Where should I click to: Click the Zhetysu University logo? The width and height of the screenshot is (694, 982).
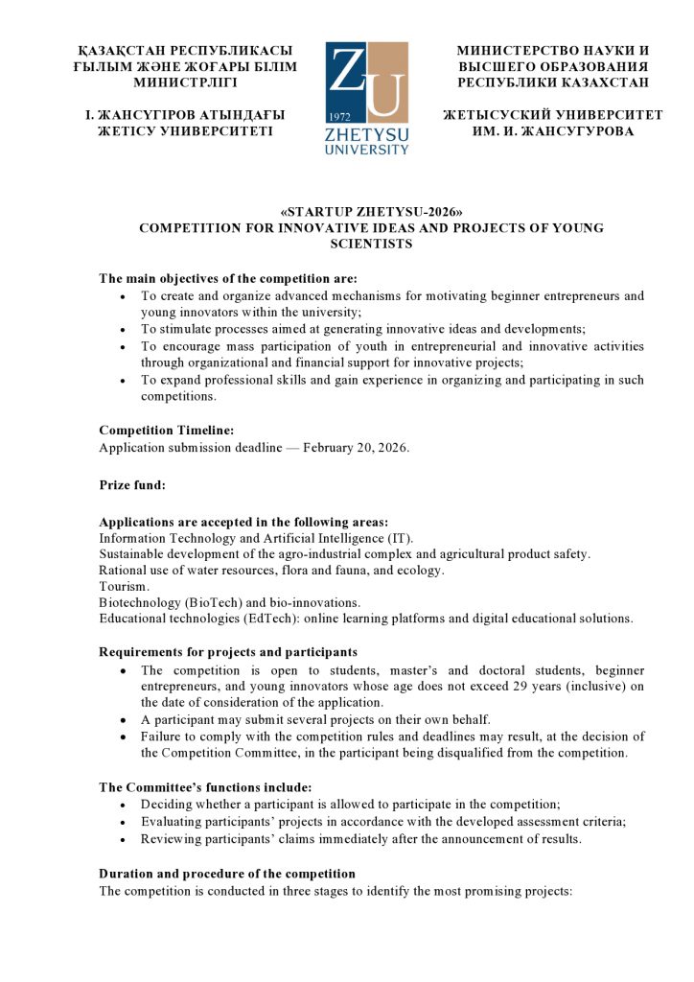pos(366,97)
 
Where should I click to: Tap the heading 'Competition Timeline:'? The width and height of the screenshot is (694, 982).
pos(166,431)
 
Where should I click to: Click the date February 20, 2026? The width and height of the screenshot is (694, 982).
pos(356,448)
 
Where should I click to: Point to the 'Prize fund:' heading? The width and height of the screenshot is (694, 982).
pos(132,485)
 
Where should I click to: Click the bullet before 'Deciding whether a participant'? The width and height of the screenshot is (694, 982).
pos(123,805)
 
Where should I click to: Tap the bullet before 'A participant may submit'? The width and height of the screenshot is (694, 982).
pos(123,719)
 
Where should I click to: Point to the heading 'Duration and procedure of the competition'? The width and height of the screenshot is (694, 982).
pos(227,874)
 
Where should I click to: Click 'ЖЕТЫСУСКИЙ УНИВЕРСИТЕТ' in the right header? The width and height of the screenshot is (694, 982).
pos(552,115)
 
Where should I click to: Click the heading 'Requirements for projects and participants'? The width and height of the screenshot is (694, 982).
pos(228,652)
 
